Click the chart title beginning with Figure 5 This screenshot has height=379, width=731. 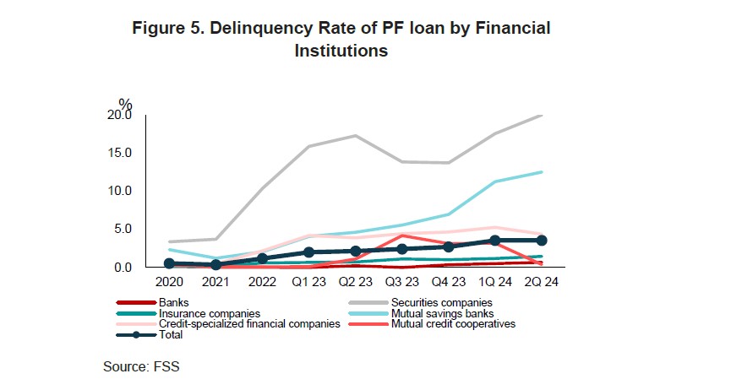click(x=341, y=40)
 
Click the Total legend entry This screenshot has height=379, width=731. click(x=171, y=335)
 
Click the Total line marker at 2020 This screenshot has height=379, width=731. click(x=169, y=263)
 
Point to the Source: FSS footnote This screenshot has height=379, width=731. click(x=142, y=366)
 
